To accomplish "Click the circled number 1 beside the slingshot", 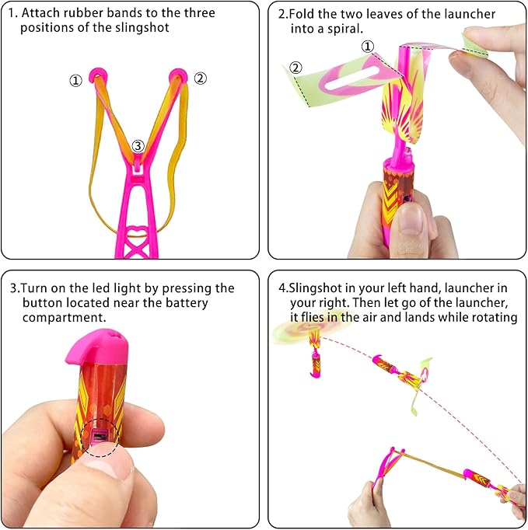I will click(x=75, y=81).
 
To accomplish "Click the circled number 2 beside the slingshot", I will click(x=200, y=78).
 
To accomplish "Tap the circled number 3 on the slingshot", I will click(x=138, y=145).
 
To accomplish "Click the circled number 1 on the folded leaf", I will click(x=368, y=47).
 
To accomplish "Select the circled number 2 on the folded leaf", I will click(x=295, y=68).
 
